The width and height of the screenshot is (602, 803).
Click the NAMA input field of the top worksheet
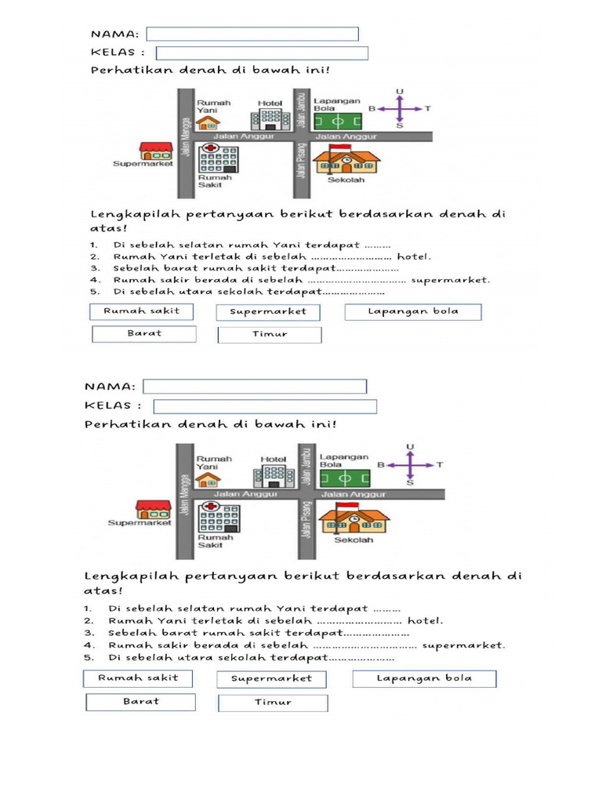[x=252, y=34]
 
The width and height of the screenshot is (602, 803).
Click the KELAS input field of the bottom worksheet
[x=264, y=406]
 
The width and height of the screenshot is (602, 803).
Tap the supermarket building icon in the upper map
[x=154, y=151]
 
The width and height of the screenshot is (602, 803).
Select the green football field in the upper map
[x=338, y=122]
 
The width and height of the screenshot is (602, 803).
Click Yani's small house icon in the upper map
[x=207, y=122]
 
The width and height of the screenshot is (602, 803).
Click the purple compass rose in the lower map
[x=410, y=465]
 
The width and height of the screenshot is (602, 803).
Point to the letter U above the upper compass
[x=400, y=92]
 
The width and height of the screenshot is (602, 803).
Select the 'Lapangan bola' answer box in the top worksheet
[x=412, y=311]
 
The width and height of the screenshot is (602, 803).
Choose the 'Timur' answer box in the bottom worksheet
[x=273, y=702]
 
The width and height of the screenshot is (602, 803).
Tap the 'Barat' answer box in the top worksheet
[x=143, y=333]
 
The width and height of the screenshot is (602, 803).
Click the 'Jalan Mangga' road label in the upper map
[x=186, y=145]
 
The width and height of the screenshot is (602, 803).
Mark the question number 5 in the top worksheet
[x=92, y=291]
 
